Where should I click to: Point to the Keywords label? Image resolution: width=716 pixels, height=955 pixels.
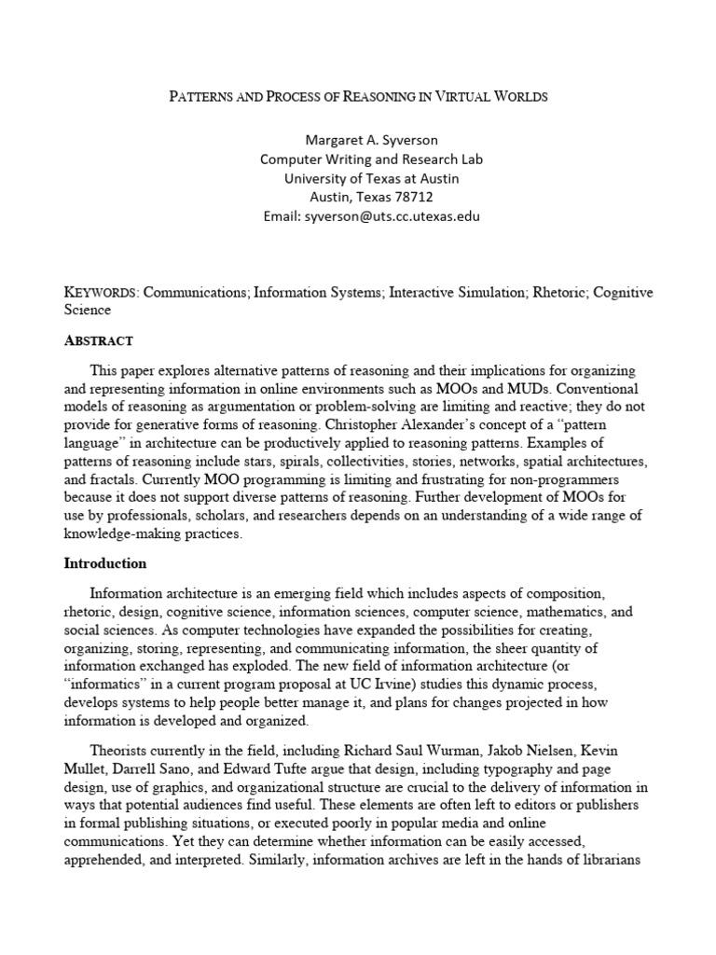101,293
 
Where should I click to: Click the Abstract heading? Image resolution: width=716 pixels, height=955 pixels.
98,340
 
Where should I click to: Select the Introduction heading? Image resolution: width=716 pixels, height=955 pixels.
105,563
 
